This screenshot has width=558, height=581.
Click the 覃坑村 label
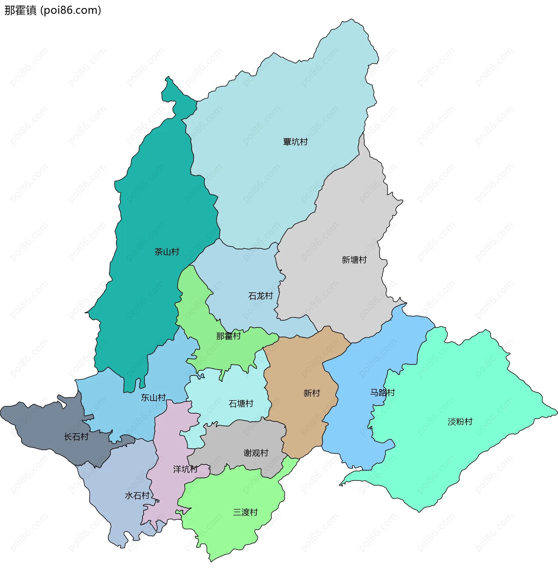[x=295, y=142]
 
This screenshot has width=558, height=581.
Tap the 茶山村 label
[x=167, y=252]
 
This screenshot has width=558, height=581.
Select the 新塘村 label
[x=354, y=260]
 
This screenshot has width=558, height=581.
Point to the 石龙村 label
[x=260, y=296]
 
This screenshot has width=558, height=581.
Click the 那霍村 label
[x=228, y=336]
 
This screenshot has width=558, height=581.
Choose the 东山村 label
[x=153, y=398]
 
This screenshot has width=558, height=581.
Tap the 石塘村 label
[x=241, y=404]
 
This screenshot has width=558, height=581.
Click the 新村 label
[x=312, y=393]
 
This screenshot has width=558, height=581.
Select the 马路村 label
[x=382, y=393]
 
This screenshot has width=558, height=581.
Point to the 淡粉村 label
[x=460, y=422]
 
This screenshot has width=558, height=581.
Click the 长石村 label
[x=76, y=437]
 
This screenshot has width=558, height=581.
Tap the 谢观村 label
[x=255, y=453]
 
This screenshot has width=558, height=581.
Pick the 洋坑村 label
[x=185, y=469]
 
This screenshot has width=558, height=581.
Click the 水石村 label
[x=137, y=496]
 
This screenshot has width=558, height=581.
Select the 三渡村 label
[x=245, y=512]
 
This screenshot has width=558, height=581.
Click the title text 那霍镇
[x=20, y=10]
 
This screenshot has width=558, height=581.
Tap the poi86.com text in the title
[x=71, y=10]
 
